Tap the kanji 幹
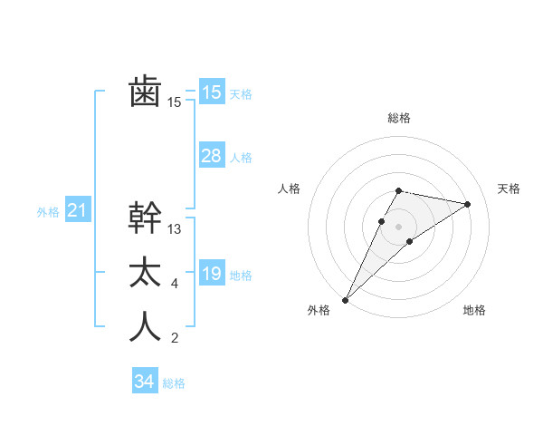click(145, 218)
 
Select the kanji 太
click(145, 273)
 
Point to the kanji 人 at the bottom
click(145, 327)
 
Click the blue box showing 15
click(212, 92)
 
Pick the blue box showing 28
click(212, 156)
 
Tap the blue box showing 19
click(212, 274)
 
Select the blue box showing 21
click(78, 211)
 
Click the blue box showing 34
click(145, 382)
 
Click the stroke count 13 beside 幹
click(175, 229)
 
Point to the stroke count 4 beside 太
click(174, 285)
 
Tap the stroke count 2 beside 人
click(174, 339)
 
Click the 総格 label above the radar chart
click(398, 118)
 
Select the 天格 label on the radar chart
click(510, 189)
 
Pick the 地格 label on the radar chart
click(474, 310)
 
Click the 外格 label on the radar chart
click(319, 310)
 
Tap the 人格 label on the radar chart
click(288, 189)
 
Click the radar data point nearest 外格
click(345, 299)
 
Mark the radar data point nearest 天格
click(468, 204)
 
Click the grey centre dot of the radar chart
click(398, 226)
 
